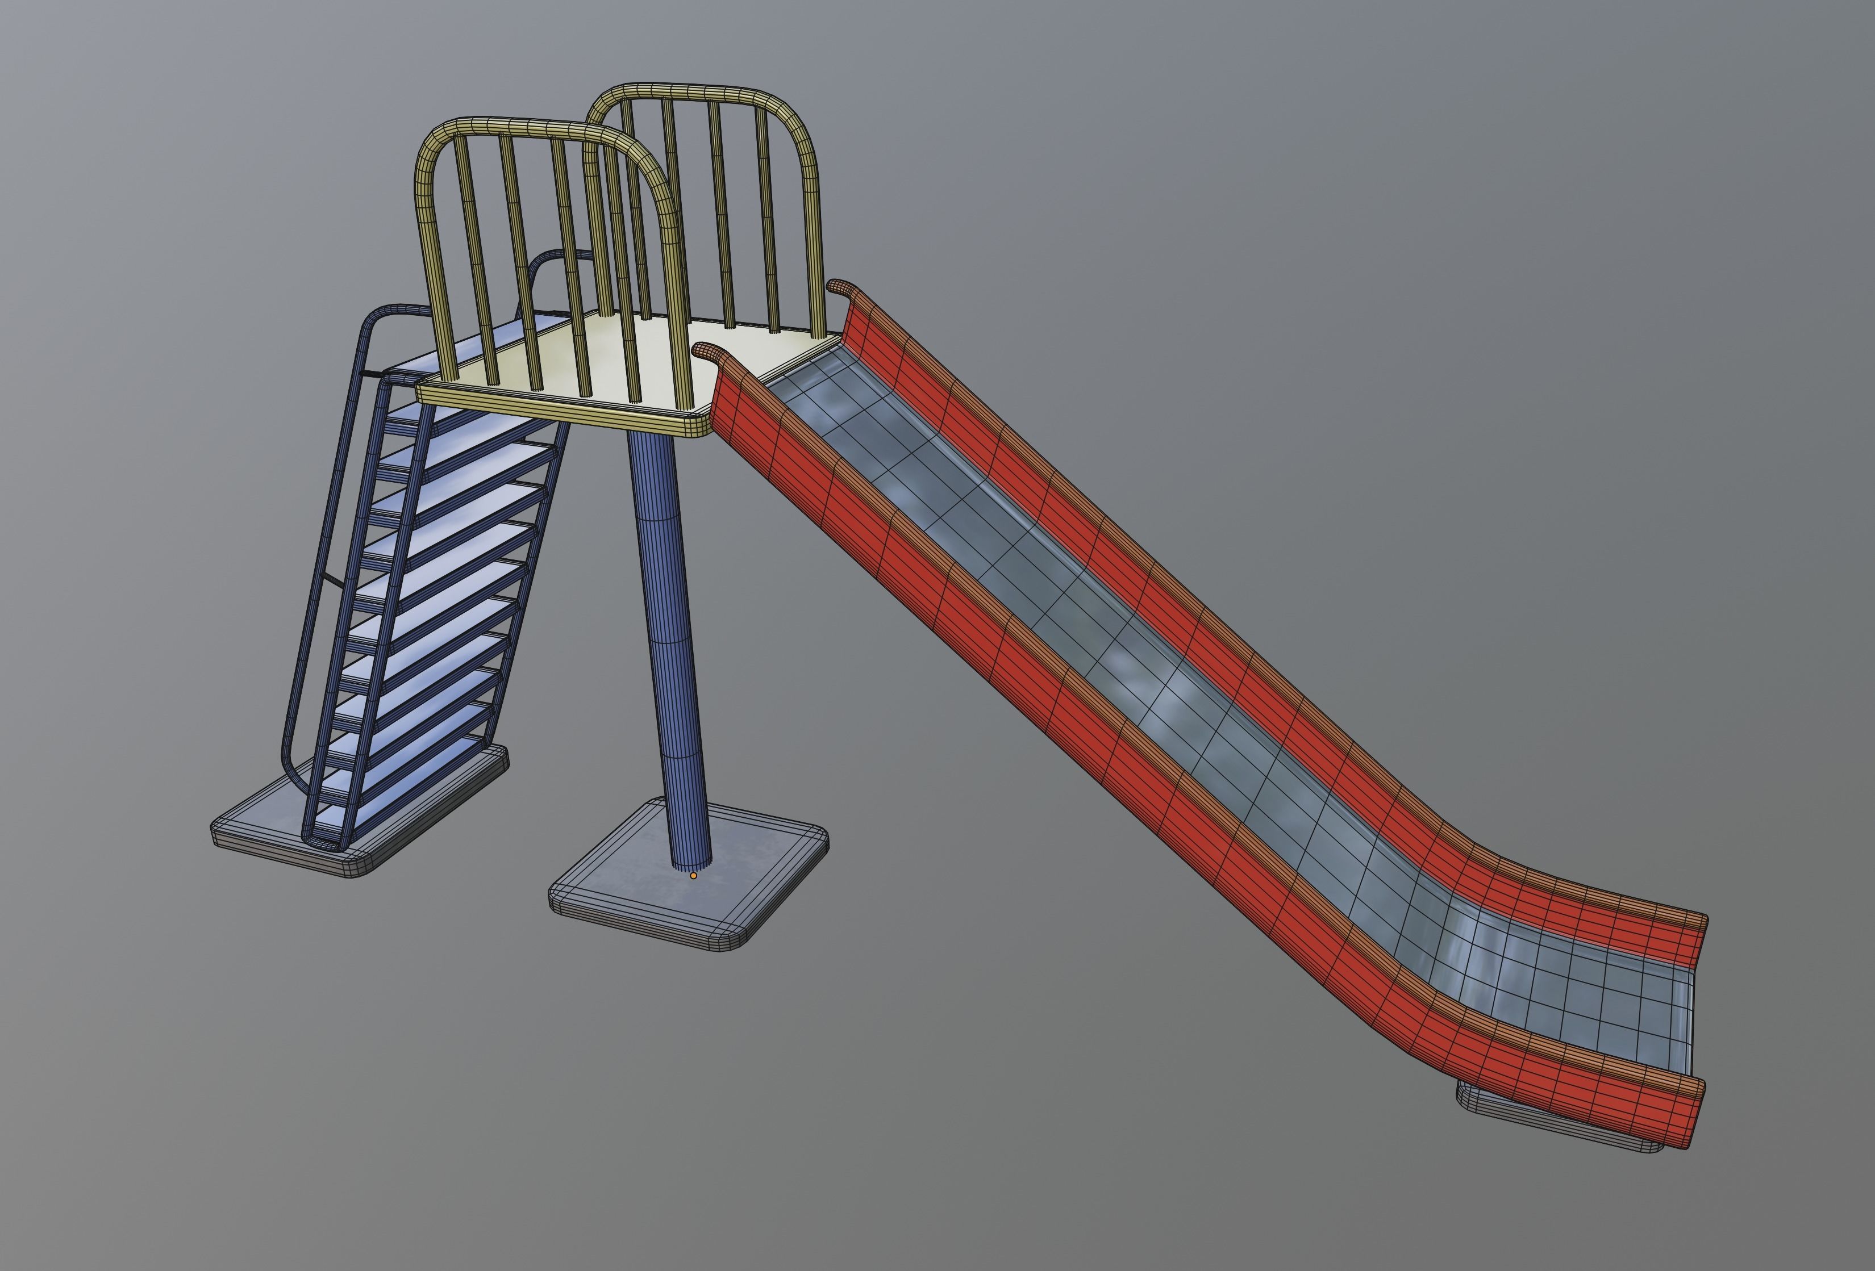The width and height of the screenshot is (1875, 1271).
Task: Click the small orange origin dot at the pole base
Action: coord(693,875)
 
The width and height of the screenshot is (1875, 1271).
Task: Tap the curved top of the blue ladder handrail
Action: coord(395,311)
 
